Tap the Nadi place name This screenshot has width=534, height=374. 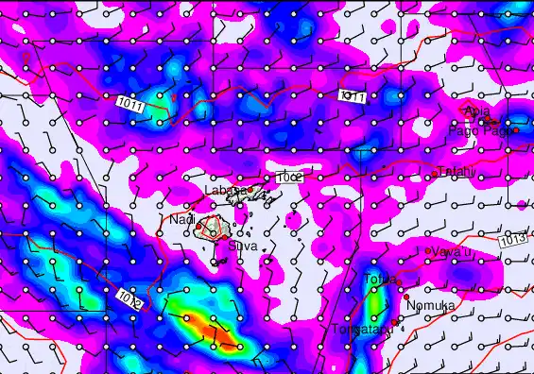(181, 219)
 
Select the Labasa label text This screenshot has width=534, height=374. (224, 190)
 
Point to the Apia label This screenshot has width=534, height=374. (476, 111)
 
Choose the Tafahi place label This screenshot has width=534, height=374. (456, 171)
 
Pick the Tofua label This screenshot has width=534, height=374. (379, 278)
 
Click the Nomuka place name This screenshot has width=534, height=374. (431, 306)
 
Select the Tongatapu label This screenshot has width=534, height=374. (361, 330)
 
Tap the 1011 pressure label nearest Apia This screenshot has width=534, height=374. (353, 96)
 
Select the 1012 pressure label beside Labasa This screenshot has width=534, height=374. (289, 177)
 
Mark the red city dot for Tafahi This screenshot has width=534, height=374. (434, 175)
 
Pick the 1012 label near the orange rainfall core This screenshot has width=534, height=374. (130, 302)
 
